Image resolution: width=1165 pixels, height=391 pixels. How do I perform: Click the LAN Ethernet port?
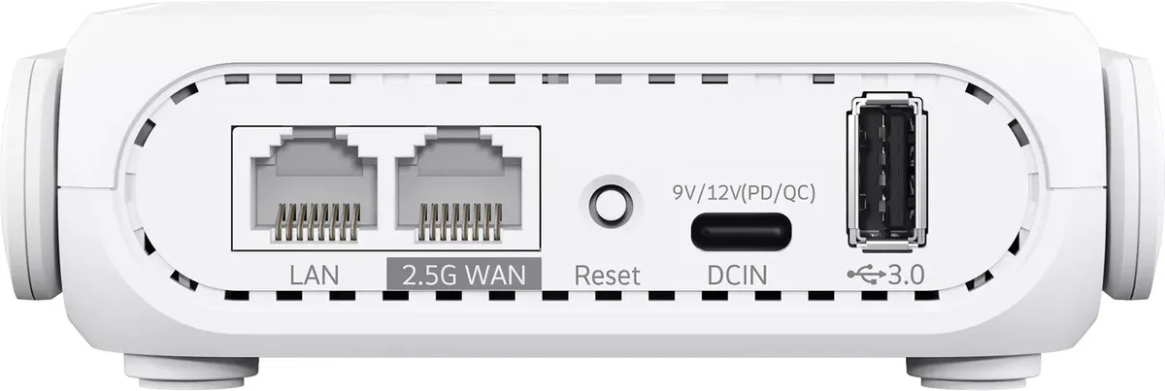(x=315, y=187)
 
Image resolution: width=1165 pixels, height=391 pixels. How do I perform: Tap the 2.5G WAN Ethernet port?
(x=458, y=187)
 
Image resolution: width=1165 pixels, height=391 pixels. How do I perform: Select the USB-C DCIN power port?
(x=741, y=231)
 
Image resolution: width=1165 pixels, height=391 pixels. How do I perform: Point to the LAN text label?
(x=315, y=275)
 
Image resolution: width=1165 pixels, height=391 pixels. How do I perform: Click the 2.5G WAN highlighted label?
(x=464, y=275)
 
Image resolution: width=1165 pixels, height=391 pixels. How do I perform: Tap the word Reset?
(x=607, y=275)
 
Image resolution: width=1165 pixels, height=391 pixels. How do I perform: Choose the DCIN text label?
(x=738, y=275)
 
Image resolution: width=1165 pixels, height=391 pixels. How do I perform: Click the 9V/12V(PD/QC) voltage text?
(x=744, y=193)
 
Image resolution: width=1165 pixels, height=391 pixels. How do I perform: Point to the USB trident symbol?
(x=866, y=275)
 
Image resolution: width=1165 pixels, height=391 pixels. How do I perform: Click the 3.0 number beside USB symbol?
(x=906, y=275)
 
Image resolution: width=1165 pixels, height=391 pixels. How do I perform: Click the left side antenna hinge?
(x=31, y=177)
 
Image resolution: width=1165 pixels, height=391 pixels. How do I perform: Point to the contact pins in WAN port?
(x=460, y=222)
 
